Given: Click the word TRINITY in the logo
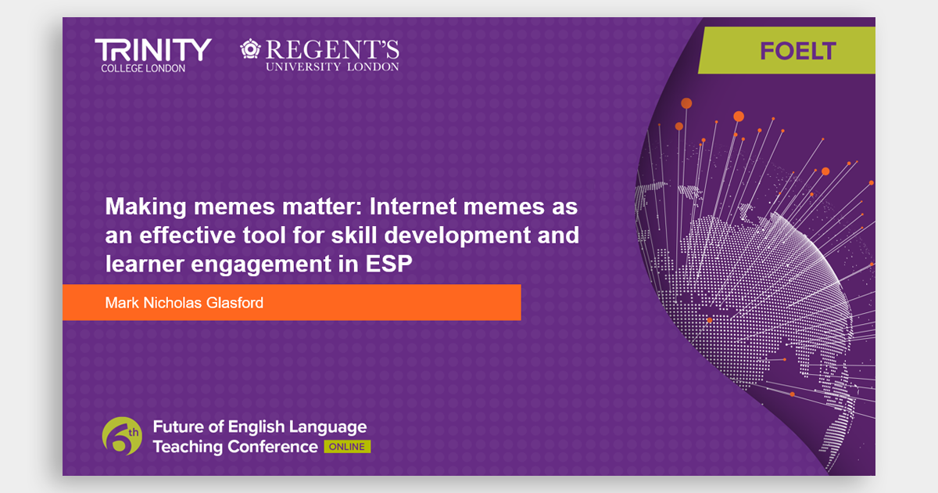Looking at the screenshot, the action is coord(153,50).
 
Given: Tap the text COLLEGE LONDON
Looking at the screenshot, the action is coord(143,68).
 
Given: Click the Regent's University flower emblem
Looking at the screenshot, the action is coord(250,49).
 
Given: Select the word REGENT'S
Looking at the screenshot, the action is coord(332,49).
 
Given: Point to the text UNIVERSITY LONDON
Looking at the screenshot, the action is coord(332,67).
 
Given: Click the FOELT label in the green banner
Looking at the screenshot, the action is coord(798,51).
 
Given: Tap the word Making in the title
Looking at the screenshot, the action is coord(145,207).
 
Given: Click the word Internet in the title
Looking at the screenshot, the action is coord(413,207).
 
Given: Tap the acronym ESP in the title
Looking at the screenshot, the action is coord(389,264).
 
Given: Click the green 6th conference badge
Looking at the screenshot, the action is coord(122,436).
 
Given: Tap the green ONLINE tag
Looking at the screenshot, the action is coord(347,447).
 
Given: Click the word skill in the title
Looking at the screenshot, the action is coord(354,236).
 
